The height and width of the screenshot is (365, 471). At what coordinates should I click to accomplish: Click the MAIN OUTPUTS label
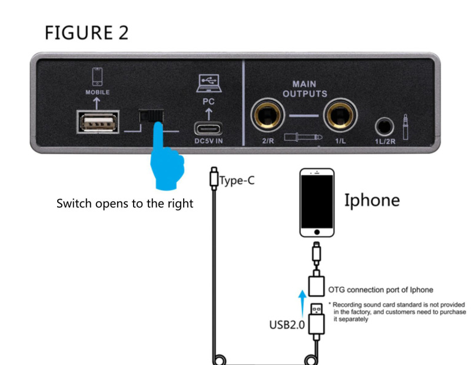pos(304,89)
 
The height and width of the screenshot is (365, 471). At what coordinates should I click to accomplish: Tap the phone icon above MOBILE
pos(97,77)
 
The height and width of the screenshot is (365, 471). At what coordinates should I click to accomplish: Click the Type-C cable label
pos(237,180)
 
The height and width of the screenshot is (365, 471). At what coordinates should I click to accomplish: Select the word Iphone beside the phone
pos(372,200)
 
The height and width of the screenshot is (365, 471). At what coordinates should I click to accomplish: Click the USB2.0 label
pos(287,324)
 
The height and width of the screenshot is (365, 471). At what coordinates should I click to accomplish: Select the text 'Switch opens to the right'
pos(124,204)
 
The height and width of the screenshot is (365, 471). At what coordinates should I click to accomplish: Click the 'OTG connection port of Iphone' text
pos(380,289)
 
